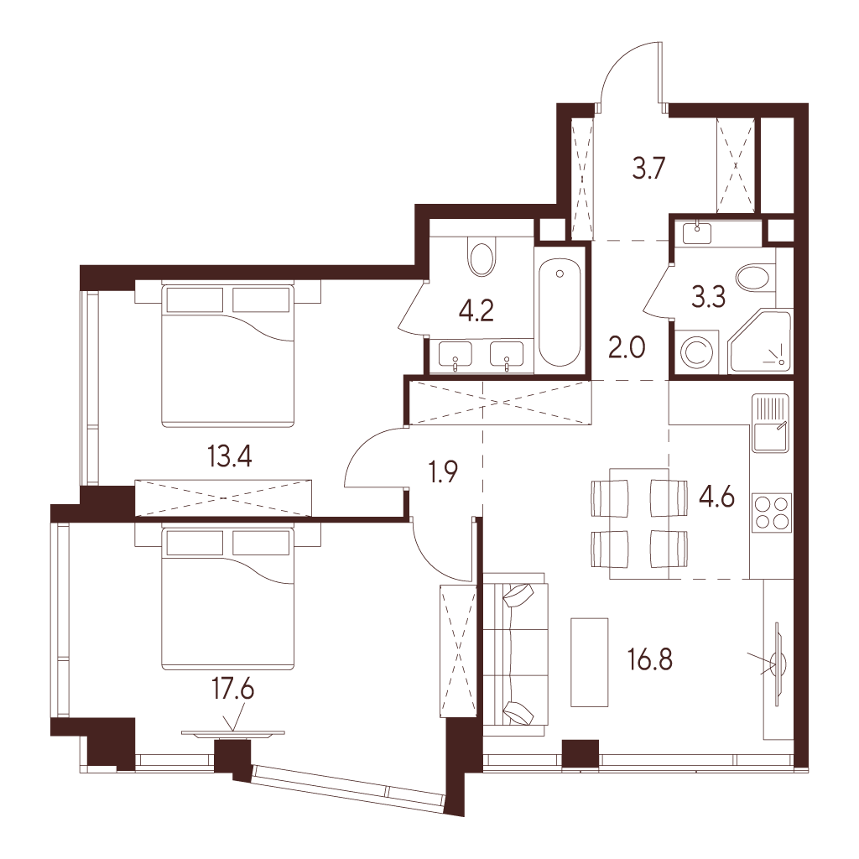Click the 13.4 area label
coord(230,456)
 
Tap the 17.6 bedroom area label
coord(233,690)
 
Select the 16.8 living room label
coord(650,659)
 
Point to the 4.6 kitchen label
coord(716,497)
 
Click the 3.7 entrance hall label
coord(648,168)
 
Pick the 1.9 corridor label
coord(443,471)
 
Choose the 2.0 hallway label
coord(627,347)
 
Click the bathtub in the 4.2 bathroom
coord(559,312)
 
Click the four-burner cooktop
coord(773,513)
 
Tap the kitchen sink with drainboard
coord(770,423)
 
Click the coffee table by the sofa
coord(590,662)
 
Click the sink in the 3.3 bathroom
coord(695,232)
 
